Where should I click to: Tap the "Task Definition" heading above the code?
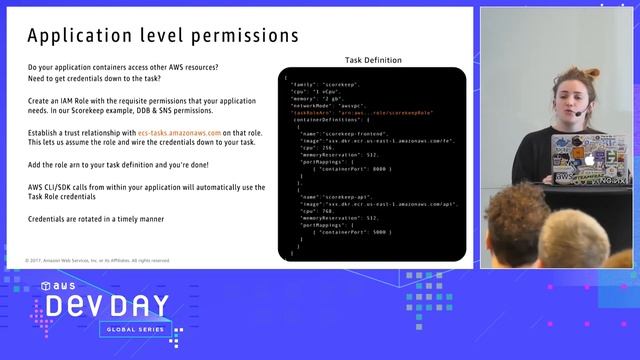(373, 60)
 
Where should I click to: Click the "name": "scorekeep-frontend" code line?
(345, 132)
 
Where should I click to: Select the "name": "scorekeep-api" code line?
(337, 198)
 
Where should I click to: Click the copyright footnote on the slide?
(98, 260)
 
